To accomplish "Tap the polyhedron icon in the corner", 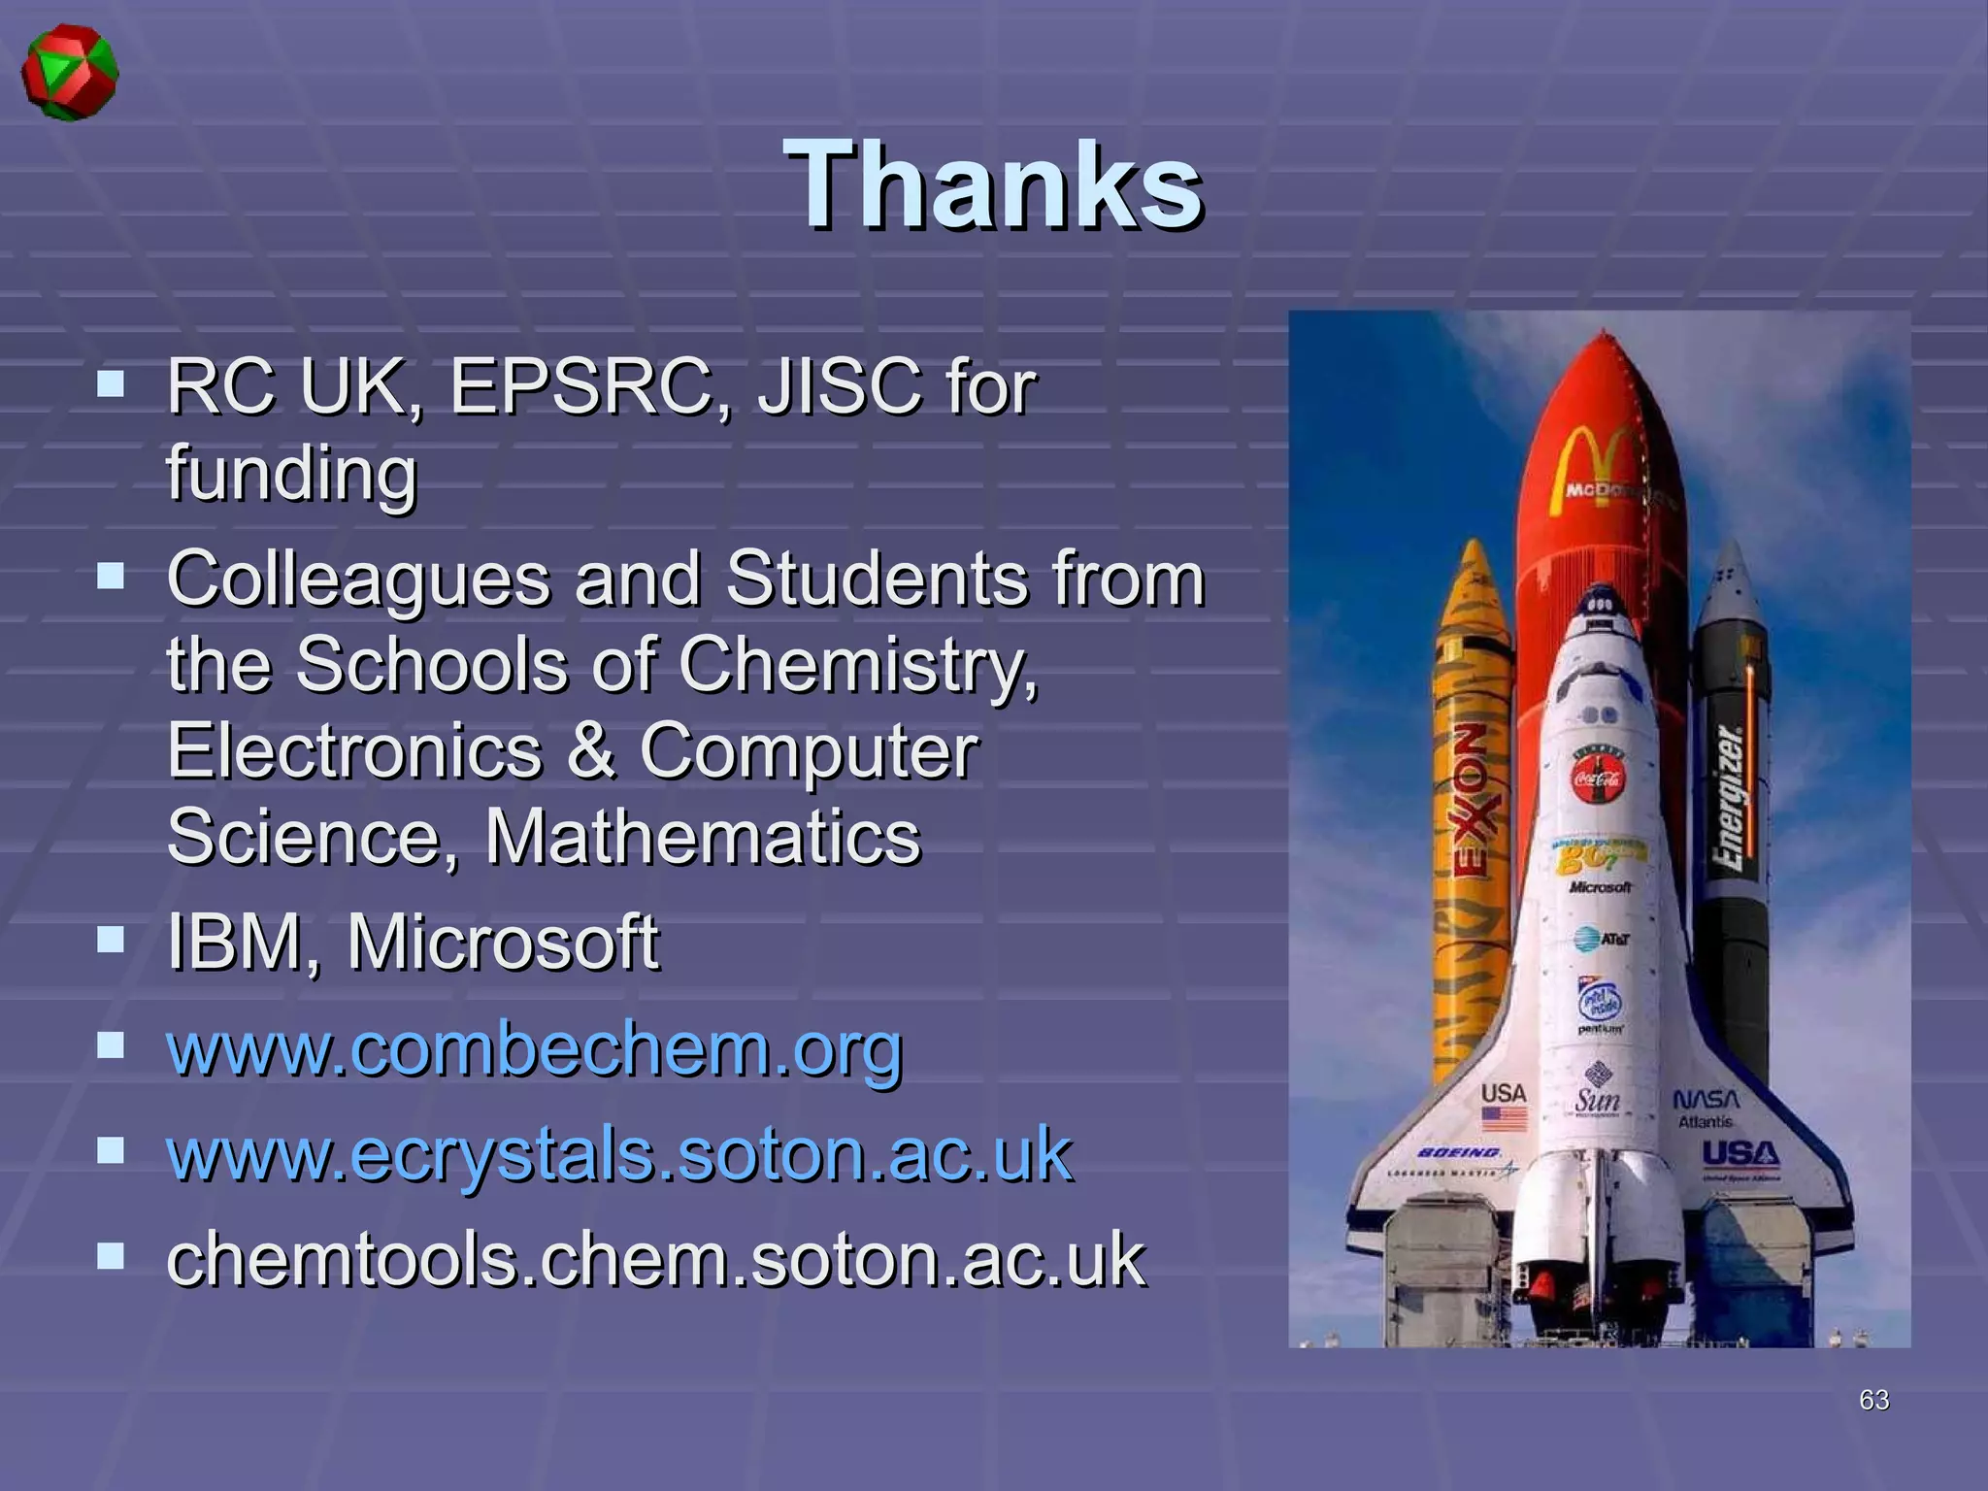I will click(70, 73).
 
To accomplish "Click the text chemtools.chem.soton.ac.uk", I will click(656, 1259).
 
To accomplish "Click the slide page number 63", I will click(1873, 1400).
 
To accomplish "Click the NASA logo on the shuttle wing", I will click(1706, 1100).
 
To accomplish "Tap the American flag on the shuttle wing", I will click(1504, 1119).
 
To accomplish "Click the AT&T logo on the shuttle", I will click(1601, 939).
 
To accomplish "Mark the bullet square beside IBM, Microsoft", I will click(112, 940).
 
